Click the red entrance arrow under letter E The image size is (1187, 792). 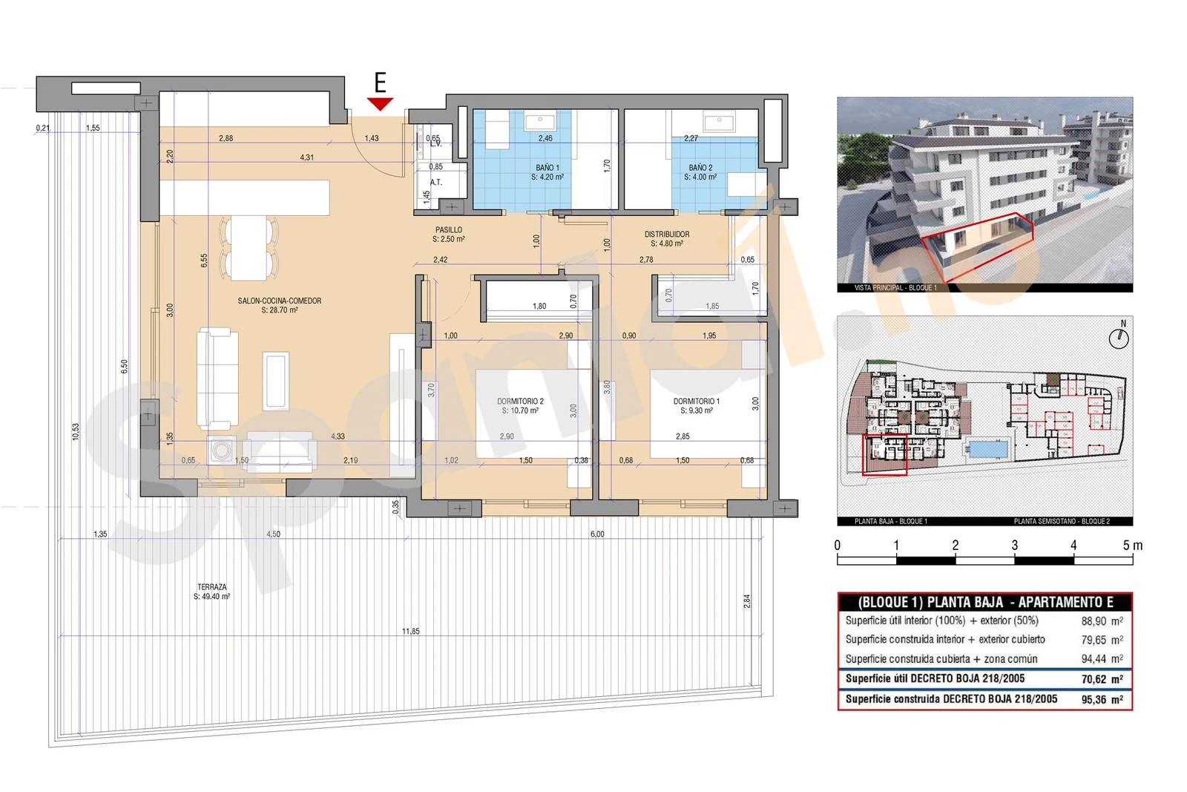click(380, 104)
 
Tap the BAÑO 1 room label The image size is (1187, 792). click(548, 172)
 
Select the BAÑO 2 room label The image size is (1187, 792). click(700, 172)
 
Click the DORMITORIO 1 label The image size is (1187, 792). click(696, 405)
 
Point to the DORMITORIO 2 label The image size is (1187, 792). click(520, 405)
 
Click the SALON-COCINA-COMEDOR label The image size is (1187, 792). click(280, 305)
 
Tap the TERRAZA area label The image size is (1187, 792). click(212, 591)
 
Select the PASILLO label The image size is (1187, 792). click(448, 235)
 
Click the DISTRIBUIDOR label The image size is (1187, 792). click(666, 238)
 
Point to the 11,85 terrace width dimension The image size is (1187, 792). click(410, 631)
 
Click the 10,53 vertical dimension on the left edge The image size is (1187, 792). click(76, 432)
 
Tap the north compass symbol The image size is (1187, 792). click(1119, 338)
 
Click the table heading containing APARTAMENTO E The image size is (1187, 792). click(984, 602)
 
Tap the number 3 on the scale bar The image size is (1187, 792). click(1014, 545)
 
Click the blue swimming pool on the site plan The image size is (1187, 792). click(987, 448)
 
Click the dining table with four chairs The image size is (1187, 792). click(249, 248)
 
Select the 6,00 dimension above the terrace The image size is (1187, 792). click(596, 534)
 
